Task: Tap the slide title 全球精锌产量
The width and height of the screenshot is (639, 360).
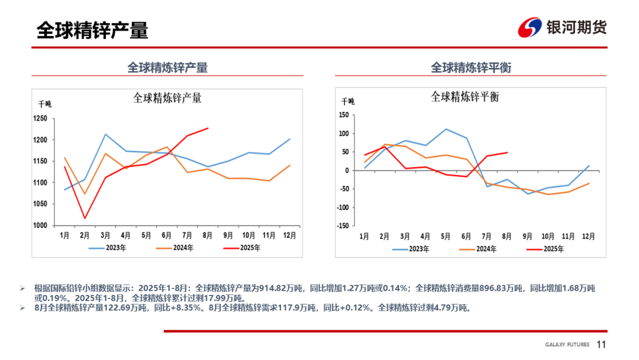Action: tap(92, 30)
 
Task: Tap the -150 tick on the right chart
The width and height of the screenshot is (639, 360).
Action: tap(342, 226)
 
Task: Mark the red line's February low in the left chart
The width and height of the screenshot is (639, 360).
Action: tap(85, 218)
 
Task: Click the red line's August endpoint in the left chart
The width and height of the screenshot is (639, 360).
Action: tap(208, 128)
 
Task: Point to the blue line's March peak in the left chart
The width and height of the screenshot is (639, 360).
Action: tap(105, 134)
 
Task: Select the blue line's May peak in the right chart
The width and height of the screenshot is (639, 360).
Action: tap(446, 129)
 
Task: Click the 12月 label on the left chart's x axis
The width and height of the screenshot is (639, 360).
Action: tap(289, 235)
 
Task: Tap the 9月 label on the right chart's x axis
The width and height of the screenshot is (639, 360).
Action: tap(527, 236)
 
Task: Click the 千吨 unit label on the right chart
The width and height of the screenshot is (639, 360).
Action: tap(348, 102)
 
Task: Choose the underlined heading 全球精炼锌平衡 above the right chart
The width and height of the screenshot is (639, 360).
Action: tap(470, 68)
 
